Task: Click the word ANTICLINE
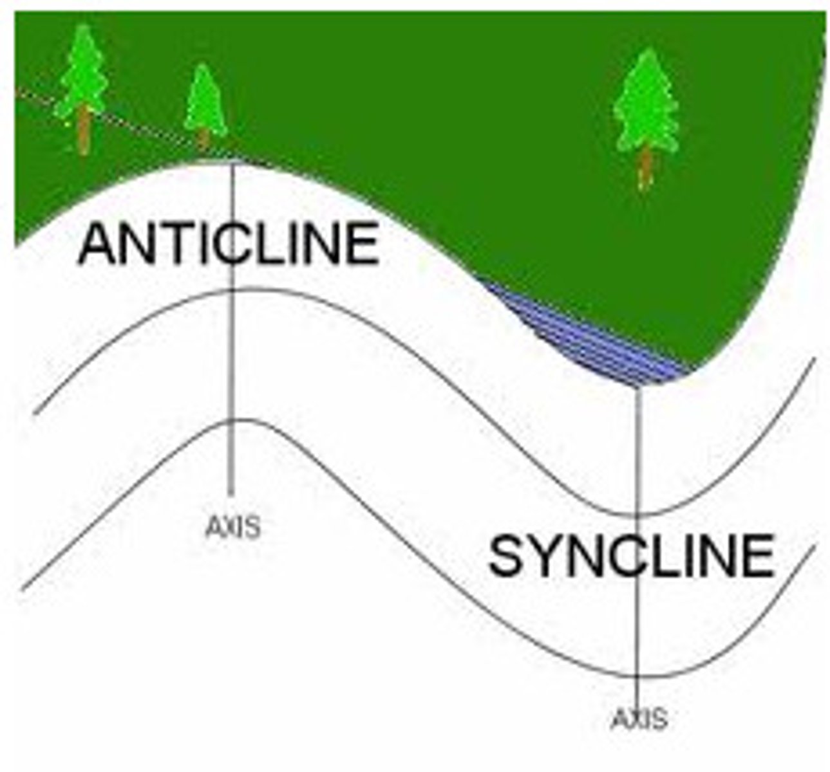[x=228, y=244]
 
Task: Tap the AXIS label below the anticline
[x=233, y=527]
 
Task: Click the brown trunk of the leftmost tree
[x=84, y=129]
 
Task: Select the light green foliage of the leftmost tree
[x=83, y=71]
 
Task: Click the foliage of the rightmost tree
[x=646, y=100]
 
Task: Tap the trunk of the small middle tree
[x=203, y=140]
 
